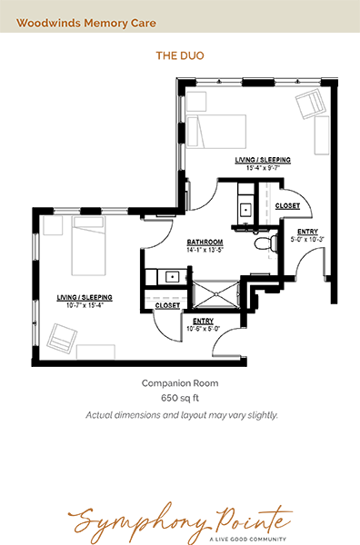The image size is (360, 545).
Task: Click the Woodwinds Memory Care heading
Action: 86,23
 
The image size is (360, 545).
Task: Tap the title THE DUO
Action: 180,55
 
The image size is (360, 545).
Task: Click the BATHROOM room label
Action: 205,242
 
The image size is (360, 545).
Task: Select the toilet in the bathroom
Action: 265,243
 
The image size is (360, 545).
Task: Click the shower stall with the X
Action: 215,294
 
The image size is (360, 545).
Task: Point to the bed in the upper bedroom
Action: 216,132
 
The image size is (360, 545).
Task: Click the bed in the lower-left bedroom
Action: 88,246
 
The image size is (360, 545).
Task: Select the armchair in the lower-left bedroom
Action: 62,338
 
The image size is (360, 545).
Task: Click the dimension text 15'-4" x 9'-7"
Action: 264,168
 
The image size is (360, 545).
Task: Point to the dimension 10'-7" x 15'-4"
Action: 85,305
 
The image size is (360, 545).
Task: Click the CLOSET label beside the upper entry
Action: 287,206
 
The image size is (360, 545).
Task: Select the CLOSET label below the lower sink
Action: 167,305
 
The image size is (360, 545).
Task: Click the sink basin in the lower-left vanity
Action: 172,277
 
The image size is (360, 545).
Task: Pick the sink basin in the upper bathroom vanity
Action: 246,210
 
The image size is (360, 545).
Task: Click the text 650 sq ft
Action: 180,398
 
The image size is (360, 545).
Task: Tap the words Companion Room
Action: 180,383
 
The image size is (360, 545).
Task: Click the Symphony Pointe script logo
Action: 180,521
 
